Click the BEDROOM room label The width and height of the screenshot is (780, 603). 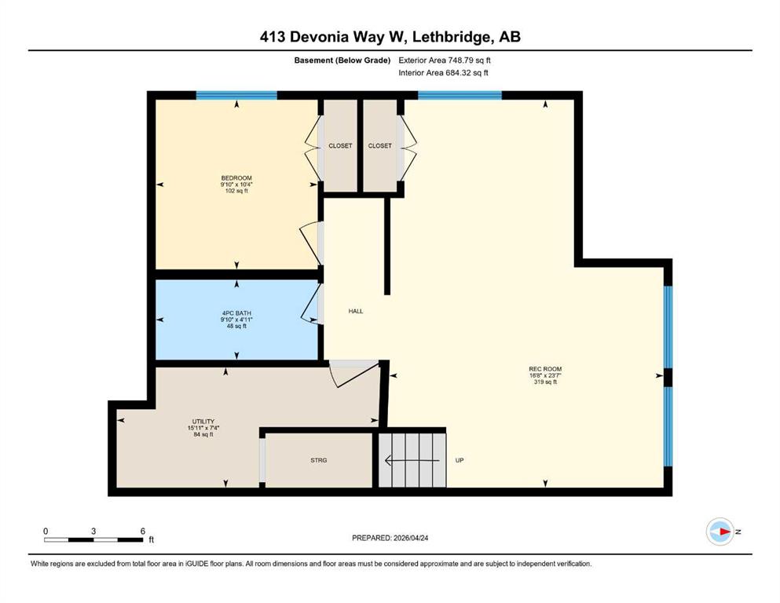236,178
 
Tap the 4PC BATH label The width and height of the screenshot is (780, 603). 236,313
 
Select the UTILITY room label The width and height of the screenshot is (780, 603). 203,422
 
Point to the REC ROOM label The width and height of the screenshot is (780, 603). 545,369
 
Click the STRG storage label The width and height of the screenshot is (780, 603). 319,460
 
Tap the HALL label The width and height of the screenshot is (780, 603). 356,311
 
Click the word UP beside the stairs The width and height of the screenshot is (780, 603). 460,460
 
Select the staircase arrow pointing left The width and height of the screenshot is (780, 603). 412,461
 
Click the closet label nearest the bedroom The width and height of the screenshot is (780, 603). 340,146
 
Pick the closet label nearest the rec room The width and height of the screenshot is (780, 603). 379,146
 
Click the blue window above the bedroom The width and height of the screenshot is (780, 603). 236,96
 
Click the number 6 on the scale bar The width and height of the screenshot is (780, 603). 143,531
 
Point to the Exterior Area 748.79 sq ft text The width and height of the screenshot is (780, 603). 445,60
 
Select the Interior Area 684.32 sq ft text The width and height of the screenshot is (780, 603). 443,72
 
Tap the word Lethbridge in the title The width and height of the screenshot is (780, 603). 449,37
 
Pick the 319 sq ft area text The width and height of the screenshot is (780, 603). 545,382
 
